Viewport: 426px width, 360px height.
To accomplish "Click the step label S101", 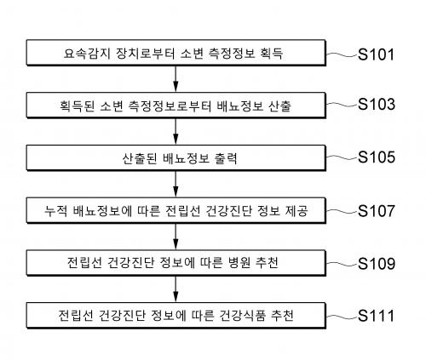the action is click(376, 54).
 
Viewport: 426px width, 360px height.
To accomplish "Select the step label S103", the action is click(377, 104).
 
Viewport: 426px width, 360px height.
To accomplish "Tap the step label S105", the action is click(377, 157).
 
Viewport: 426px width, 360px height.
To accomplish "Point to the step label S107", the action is click(377, 210).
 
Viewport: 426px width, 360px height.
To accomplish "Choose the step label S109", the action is click(377, 264).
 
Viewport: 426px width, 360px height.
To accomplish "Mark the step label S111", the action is click(376, 316).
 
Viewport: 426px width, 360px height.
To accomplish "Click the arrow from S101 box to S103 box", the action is click(176, 79).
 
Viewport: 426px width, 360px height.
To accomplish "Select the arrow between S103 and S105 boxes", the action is click(176, 131).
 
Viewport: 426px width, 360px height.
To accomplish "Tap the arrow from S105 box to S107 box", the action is click(176, 184).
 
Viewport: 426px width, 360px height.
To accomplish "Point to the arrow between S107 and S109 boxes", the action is click(176, 237).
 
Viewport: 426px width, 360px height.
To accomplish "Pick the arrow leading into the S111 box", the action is click(176, 289).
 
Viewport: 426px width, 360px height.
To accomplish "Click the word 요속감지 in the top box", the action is click(87, 53).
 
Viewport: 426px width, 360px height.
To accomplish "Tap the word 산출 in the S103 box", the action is click(279, 106).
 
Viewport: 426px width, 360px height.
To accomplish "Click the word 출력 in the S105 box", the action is click(226, 158).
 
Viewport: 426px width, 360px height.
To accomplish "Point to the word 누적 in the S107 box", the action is click(56, 211).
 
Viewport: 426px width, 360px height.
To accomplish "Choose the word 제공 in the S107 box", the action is click(296, 211).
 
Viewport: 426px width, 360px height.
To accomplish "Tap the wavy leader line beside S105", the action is click(342, 157).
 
